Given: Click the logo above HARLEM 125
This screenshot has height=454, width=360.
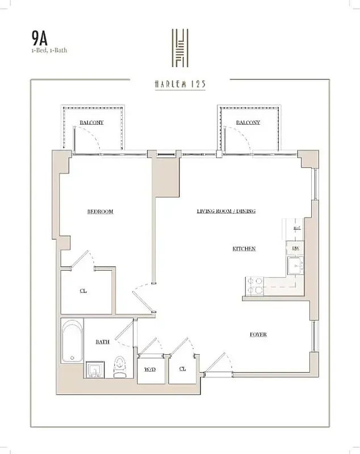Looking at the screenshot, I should click(180, 48).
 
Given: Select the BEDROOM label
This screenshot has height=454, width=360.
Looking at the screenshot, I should click(100, 212).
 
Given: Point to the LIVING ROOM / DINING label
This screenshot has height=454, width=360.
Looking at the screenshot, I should click(226, 211).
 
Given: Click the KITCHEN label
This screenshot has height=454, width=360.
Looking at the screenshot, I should click(244, 249).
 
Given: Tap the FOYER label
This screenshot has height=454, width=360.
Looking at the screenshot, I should click(258, 334).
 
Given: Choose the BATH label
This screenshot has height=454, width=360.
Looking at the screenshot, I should click(103, 342).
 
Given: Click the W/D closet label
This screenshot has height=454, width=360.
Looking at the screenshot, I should click(150, 369).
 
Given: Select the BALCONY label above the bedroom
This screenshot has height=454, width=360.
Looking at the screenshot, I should click(91, 122).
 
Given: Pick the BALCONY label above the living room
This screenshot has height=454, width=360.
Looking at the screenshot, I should click(248, 122).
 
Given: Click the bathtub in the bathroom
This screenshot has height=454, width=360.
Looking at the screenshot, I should click(72, 342).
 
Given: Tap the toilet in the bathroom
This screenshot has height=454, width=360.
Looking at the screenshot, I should click(119, 367).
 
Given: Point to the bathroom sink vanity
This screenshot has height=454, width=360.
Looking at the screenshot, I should click(95, 369).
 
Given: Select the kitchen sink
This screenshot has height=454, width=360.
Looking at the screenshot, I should click(295, 265).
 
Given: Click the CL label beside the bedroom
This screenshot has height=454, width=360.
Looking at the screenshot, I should click(83, 291).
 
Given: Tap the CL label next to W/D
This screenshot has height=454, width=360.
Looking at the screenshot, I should click(182, 368).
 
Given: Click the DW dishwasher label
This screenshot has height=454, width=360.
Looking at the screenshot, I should click(296, 248).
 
